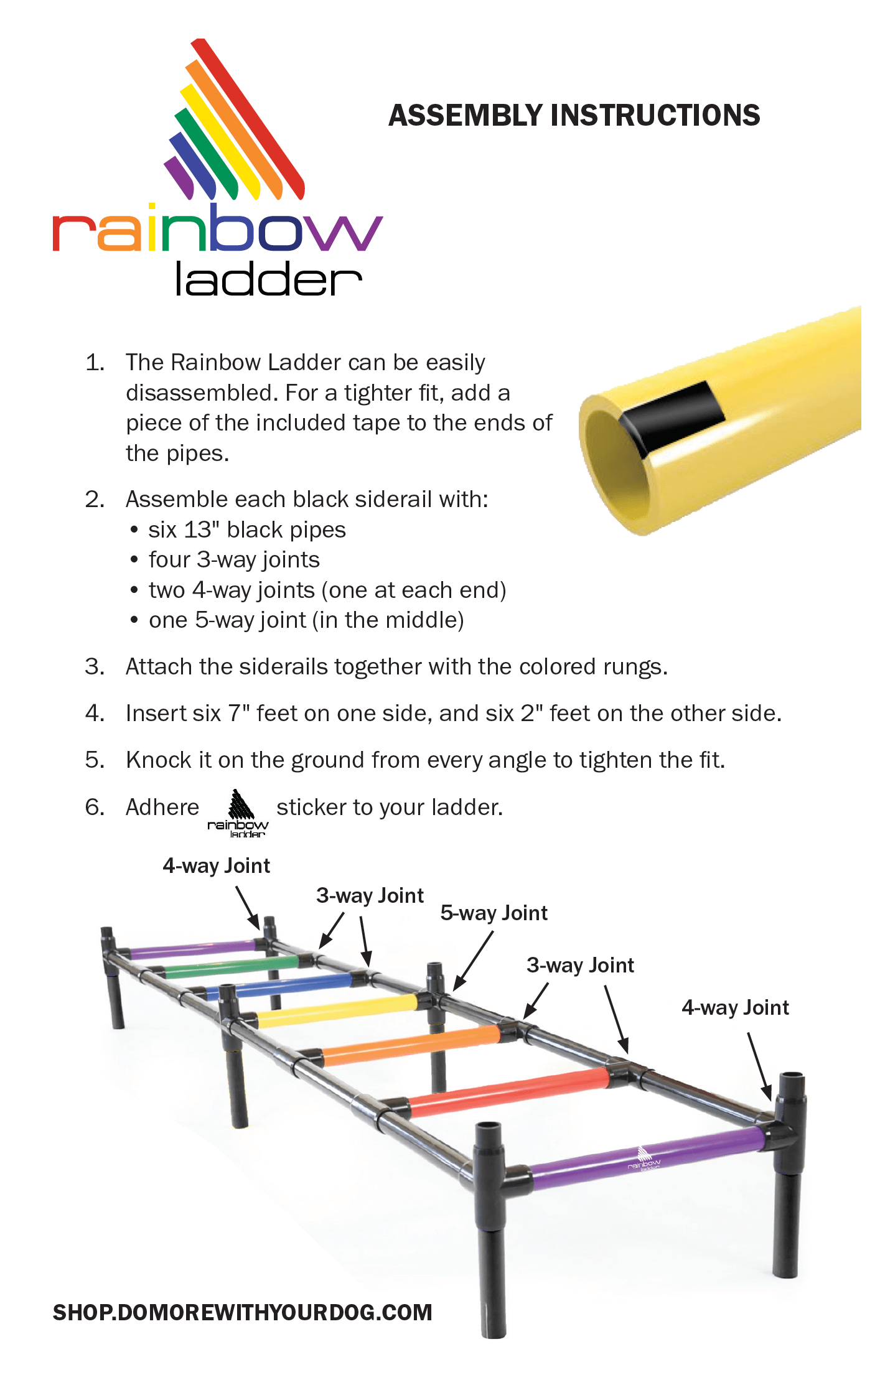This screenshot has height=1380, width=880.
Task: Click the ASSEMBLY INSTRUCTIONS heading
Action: coord(574,115)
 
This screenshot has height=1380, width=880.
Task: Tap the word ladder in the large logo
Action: coord(268,279)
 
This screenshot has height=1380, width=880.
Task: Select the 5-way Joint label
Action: coord(494,913)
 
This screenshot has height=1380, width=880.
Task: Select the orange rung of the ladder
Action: coord(411,1045)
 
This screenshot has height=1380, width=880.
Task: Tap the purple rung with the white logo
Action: coord(647,1159)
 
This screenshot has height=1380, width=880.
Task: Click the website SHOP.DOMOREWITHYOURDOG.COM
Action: coord(242,1312)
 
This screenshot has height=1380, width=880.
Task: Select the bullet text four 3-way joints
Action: coord(234,559)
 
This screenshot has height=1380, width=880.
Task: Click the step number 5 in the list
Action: coord(95,760)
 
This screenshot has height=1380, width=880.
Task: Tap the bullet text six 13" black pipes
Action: coord(246,529)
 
